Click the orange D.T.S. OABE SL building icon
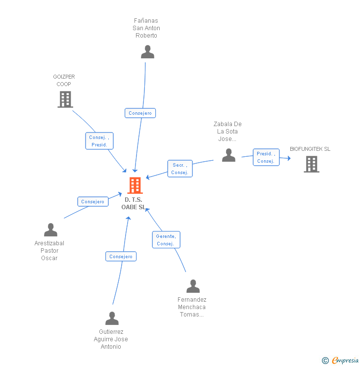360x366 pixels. click(135, 185)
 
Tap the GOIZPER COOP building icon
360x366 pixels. click(65, 99)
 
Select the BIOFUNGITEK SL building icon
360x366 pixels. click(311, 164)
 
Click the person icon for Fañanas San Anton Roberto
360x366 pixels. click(147, 52)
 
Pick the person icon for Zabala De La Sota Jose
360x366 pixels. click(228, 155)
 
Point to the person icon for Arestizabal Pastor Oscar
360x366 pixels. click(50, 230)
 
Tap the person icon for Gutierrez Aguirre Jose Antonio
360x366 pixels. click(112, 319)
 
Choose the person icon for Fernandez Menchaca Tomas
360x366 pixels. click(193, 286)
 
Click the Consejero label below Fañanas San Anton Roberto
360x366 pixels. click(140, 113)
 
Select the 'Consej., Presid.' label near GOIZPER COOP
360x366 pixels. click(100, 141)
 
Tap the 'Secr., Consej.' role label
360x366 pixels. click(180, 169)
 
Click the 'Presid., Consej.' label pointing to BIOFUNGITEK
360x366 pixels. click(266, 157)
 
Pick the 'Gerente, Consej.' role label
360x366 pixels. click(166, 240)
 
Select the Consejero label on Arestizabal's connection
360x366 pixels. click(93, 202)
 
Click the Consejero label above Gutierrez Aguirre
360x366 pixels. click(121, 257)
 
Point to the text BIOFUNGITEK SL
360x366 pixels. click(310, 149)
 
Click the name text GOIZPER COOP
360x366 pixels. click(64, 81)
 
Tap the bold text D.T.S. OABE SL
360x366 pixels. click(134, 203)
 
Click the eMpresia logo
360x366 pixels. click(345, 361)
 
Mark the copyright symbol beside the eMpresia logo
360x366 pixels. click(325, 361)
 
